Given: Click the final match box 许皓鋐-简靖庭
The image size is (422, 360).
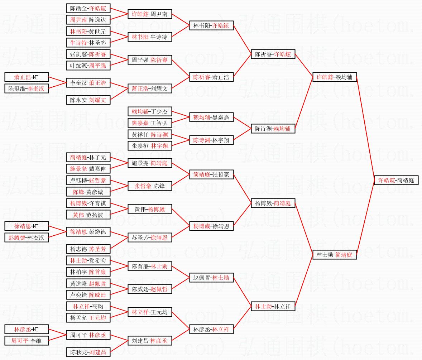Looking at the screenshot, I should (x=396, y=181).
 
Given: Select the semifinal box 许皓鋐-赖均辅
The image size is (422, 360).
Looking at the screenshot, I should (x=335, y=77).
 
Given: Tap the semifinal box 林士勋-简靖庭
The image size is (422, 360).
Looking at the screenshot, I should (x=335, y=255).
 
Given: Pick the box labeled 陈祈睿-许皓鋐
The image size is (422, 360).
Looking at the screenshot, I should (x=273, y=54).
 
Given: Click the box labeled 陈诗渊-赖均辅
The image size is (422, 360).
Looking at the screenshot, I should (x=273, y=129).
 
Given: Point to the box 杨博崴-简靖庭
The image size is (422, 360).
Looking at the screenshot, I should (x=273, y=203).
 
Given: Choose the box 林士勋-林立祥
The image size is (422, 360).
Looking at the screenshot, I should (x=273, y=306).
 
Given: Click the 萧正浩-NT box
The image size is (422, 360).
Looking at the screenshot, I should (x=26, y=77).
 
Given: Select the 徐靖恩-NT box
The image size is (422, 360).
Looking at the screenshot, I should (x=26, y=226).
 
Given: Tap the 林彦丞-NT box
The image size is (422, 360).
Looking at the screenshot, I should (x=26, y=329).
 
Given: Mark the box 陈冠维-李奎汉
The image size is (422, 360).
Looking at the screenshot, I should (x=26, y=88).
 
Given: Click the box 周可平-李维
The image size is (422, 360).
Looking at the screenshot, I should (x=26, y=341).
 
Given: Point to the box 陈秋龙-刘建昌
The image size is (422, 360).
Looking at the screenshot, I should (x=88, y=352).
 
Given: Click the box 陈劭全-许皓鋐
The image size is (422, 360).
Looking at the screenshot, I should (x=88, y=8).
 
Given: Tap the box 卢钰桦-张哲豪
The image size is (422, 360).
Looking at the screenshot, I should (x=88, y=180).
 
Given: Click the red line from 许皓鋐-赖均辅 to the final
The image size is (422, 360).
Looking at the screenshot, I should (x=365, y=129).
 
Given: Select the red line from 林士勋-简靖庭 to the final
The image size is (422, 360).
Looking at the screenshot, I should (x=365, y=217).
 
